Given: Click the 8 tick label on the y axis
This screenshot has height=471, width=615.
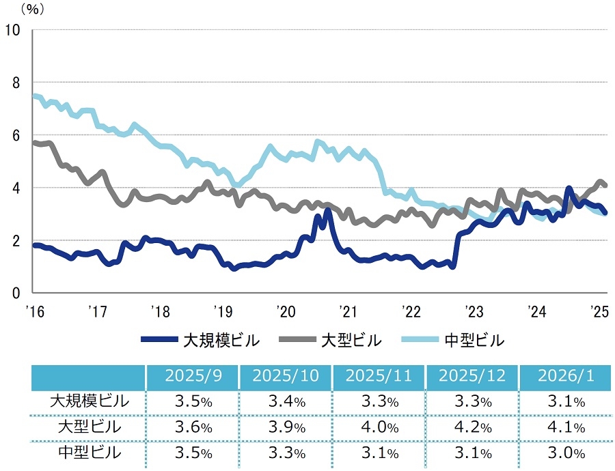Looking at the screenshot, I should click(x=16, y=83).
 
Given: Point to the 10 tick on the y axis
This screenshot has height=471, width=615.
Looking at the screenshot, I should click(x=14, y=30).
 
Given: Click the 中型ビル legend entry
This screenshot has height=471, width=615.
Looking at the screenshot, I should click(x=459, y=339).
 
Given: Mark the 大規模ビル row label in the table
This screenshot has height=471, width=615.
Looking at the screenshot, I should click(x=89, y=402).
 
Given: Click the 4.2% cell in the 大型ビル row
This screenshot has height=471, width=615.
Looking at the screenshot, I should click(x=472, y=428).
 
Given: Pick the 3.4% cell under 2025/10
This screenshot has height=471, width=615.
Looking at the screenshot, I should click(x=286, y=402).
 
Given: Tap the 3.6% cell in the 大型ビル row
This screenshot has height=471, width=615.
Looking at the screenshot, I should click(x=192, y=428).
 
